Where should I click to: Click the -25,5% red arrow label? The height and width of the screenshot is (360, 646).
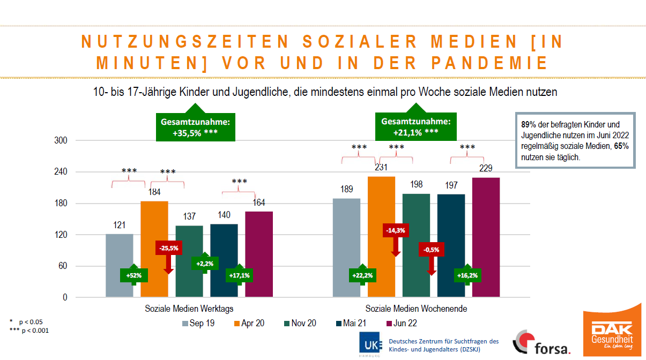click(168, 248)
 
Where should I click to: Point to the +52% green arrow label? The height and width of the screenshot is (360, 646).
click(133, 275)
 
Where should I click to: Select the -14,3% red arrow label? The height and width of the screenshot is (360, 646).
click(396, 231)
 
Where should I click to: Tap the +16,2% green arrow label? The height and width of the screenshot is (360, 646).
click(467, 275)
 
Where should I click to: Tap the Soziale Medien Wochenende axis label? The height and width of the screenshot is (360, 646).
click(416, 309)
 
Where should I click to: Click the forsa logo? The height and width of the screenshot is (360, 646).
click(541, 343)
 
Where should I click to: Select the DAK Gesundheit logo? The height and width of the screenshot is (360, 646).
click(612, 333)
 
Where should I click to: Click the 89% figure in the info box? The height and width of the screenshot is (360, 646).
click(528, 124)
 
